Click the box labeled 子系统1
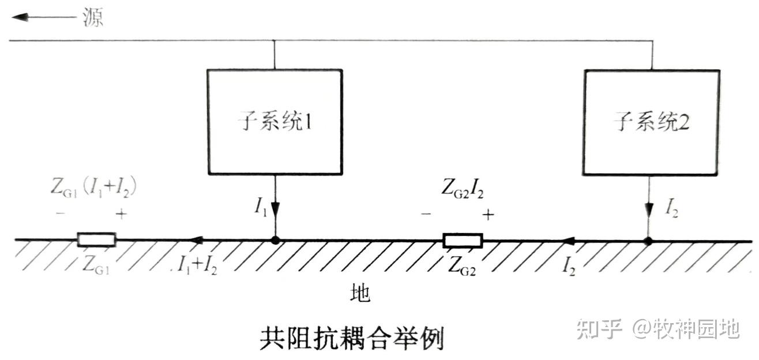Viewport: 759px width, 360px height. coord(275,122)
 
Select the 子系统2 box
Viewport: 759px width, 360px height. coord(651,122)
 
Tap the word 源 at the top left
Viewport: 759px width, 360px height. coord(93,17)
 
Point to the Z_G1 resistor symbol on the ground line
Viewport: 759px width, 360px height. coord(96,239)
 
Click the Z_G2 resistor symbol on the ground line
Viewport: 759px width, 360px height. coord(463,240)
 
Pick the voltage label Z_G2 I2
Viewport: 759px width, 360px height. coord(462,188)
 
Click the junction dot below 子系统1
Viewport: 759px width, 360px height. coord(275,239)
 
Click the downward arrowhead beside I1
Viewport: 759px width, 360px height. coord(275,210)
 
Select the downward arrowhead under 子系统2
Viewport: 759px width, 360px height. coord(649,210)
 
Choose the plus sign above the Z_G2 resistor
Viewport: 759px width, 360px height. coord(488,215)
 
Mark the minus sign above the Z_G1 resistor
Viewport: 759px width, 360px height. coord(61,214)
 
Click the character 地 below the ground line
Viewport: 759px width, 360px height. coord(360,294)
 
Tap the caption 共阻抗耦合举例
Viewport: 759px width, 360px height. coord(352,339)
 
